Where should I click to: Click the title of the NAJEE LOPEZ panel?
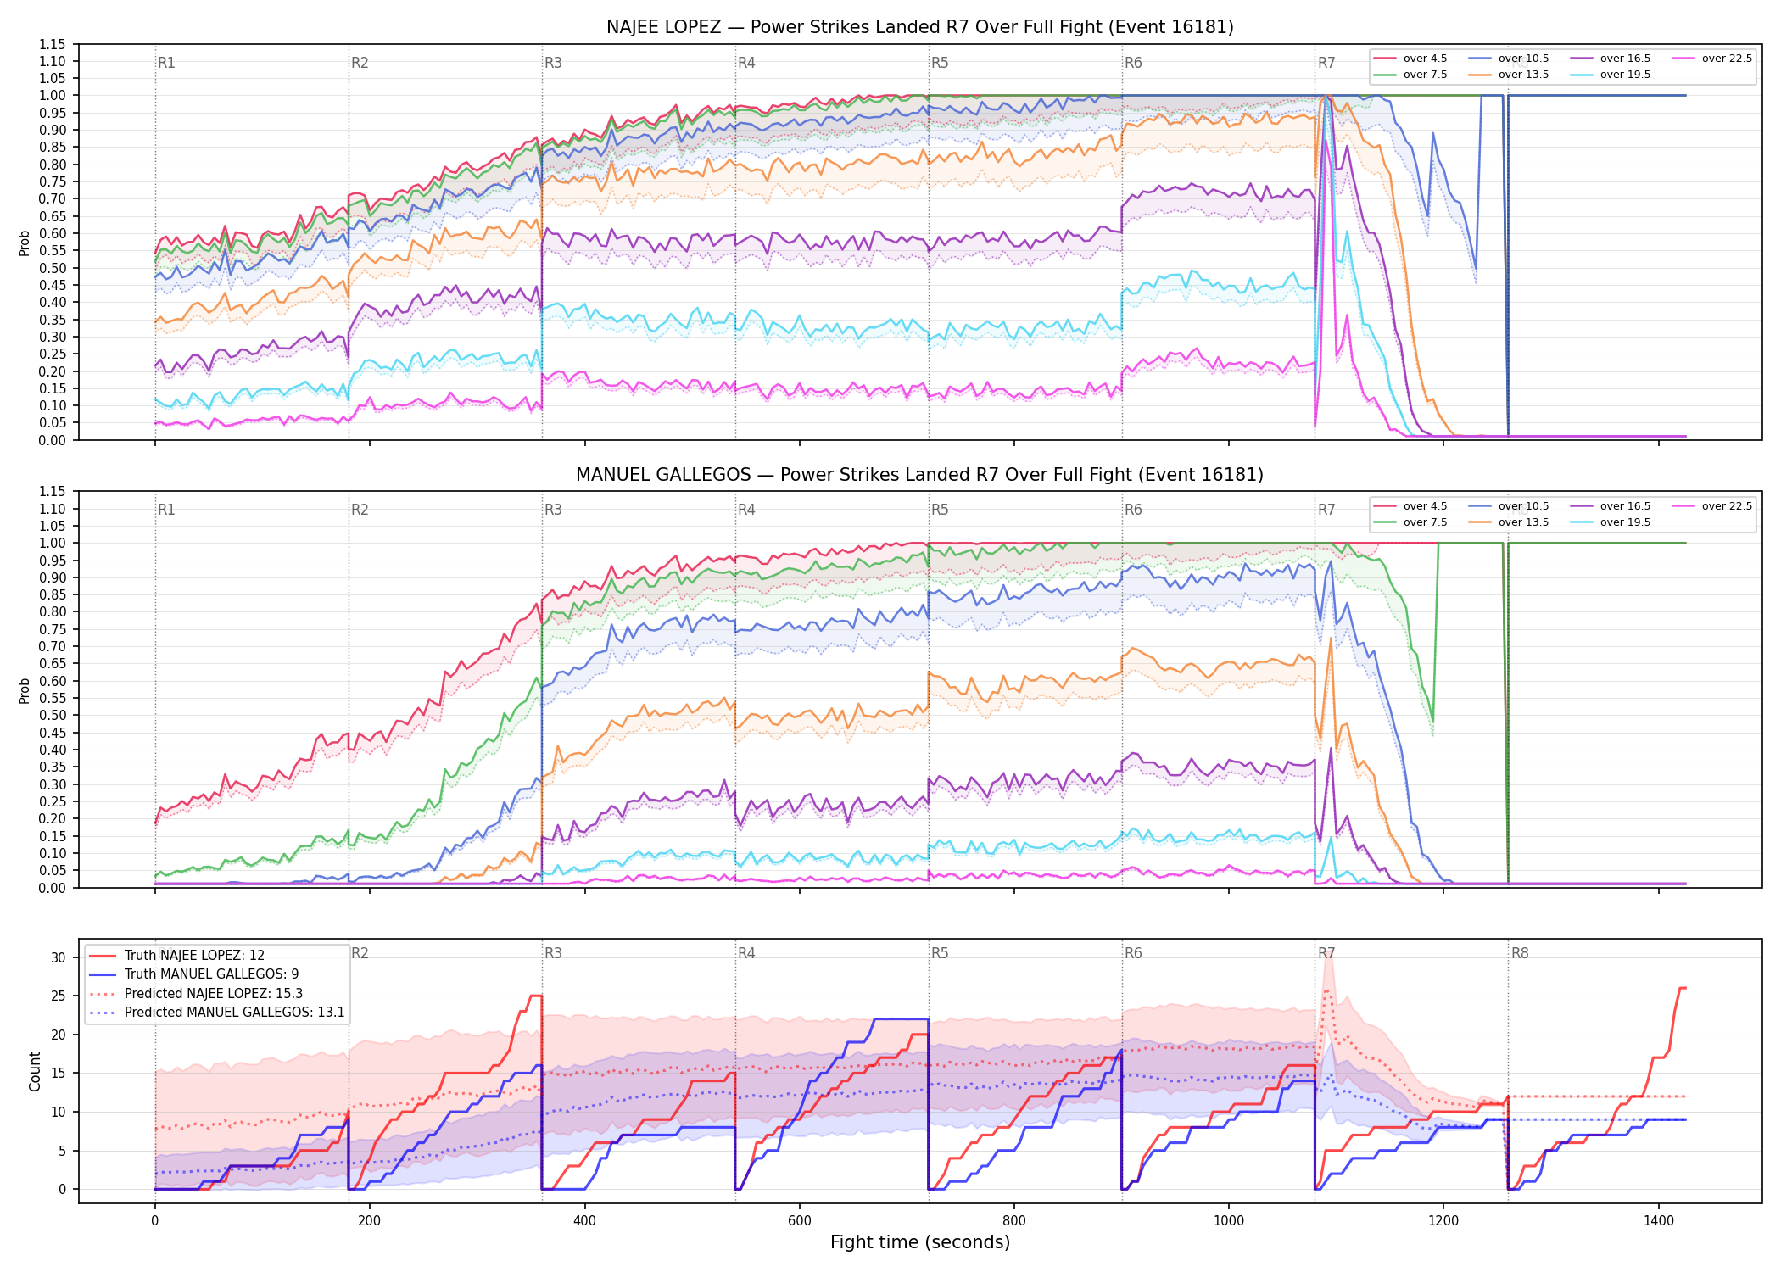coord(919,27)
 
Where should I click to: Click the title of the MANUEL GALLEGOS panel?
coord(919,475)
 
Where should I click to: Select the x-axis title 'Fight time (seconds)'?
coord(920,1242)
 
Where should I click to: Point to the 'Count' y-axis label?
coord(35,1071)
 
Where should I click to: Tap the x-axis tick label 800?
coord(1014,1220)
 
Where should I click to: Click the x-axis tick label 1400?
coord(1659,1220)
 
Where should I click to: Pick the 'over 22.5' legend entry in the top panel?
coord(1711,59)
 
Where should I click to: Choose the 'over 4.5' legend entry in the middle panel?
coord(1410,506)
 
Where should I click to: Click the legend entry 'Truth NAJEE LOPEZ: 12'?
coord(177,956)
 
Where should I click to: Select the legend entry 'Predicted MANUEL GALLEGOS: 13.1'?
coord(217,1013)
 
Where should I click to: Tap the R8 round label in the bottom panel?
coord(1520,953)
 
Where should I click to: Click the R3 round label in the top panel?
coord(553,63)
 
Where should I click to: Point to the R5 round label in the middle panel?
coord(940,510)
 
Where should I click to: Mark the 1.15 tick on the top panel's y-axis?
coord(52,44)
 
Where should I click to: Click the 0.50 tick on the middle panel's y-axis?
coord(52,716)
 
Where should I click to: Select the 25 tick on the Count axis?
coord(59,996)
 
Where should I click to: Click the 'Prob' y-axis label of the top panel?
coord(25,243)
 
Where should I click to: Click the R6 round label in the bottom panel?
coord(1133,953)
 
